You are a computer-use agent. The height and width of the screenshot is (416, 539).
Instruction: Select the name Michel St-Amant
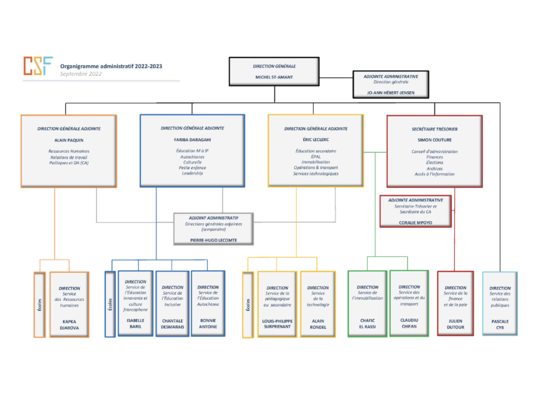(274, 77)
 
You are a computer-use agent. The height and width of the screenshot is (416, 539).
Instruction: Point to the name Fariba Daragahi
(192, 140)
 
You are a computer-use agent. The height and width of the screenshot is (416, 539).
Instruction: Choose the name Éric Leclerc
(316, 140)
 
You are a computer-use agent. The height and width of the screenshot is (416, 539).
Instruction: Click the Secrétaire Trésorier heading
(434, 129)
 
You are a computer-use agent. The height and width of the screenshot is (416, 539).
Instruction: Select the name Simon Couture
(434, 140)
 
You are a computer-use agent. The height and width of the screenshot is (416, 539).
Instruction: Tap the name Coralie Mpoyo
(415, 224)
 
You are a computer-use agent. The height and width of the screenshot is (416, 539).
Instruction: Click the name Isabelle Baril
(135, 323)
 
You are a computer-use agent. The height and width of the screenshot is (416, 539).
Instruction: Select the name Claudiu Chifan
(409, 323)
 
